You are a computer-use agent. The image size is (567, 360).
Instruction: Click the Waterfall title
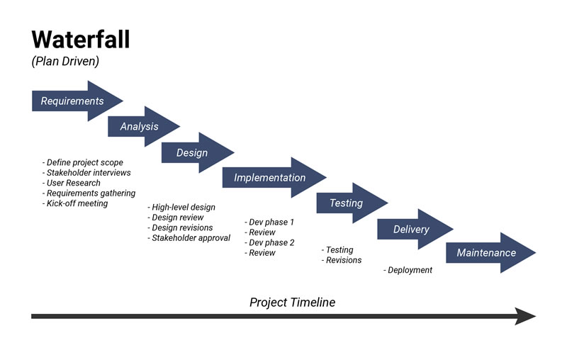coord(81,39)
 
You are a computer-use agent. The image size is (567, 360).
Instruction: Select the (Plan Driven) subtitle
coord(65,62)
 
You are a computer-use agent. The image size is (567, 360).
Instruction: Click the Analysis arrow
coord(140,127)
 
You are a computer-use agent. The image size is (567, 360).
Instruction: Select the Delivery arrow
coord(412,229)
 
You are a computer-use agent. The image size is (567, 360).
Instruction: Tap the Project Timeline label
coord(292,303)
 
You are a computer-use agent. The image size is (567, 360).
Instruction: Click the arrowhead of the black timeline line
coord(525,316)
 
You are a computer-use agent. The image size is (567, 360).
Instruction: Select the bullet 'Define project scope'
coord(83,163)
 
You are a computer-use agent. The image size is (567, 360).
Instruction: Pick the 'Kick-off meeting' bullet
coord(75,203)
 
